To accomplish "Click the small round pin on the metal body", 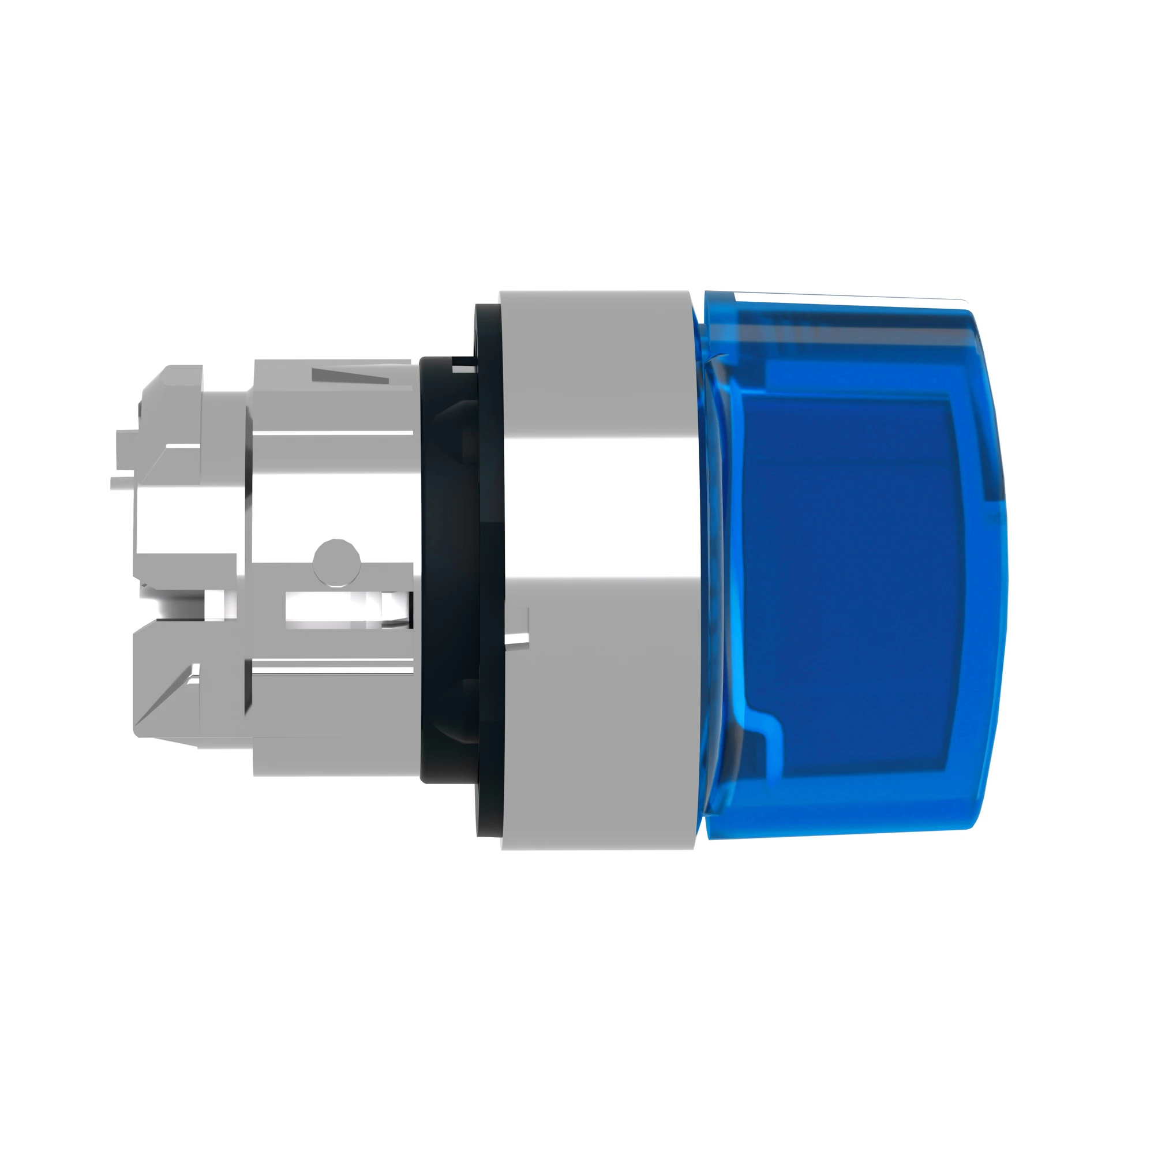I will tap(336, 561).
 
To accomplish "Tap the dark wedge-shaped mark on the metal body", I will tap(349, 376).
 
